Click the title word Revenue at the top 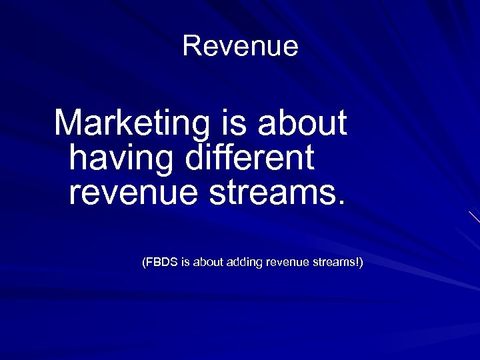click(x=240, y=46)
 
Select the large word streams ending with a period click(x=274, y=193)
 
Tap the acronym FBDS click(x=162, y=263)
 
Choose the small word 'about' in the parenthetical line click(x=207, y=263)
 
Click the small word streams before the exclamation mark click(x=334, y=263)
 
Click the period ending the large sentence click(x=343, y=202)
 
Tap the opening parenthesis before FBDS click(x=143, y=263)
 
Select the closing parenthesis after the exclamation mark click(x=361, y=263)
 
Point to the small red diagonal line click(x=474, y=217)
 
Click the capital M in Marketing click(x=68, y=123)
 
